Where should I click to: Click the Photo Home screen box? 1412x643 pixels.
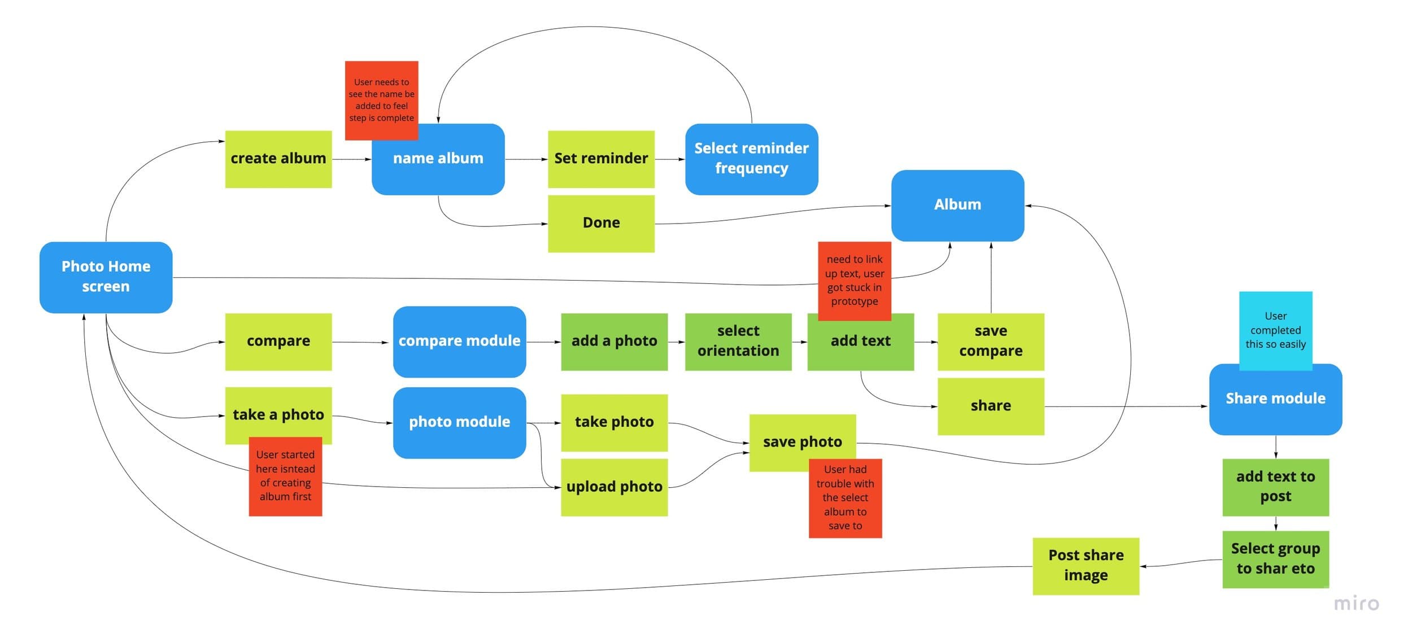(106, 277)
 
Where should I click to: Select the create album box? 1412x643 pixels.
(278, 159)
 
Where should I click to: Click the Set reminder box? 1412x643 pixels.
(601, 159)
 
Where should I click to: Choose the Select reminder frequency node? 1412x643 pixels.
(751, 159)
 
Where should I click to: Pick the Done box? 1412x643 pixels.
(601, 224)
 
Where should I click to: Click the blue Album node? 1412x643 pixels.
(957, 205)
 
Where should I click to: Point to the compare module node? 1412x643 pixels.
(459, 342)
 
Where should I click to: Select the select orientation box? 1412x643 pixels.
(738, 342)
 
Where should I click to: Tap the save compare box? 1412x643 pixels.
(990, 342)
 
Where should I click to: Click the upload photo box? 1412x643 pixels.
(614, 487)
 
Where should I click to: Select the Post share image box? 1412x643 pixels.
(1086, 566)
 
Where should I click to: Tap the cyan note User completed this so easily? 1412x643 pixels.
(1275, 329)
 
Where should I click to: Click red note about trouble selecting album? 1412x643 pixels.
(845, 498)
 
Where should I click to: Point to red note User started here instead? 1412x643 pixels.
(285, 476)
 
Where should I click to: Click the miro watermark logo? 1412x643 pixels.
(1356, 604)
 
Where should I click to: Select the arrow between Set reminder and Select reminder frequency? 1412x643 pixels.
(670, 159)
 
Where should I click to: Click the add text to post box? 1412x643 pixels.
(1275, 487)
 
